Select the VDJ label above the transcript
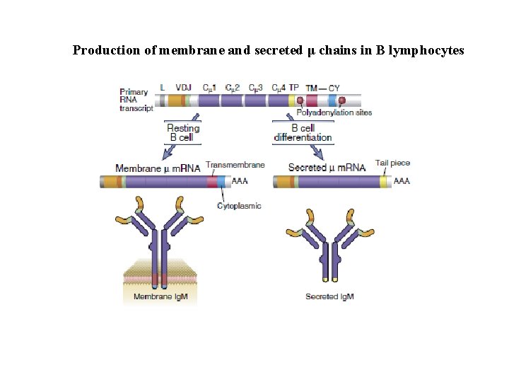[x=183, y=88]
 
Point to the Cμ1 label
[x=210, y=88]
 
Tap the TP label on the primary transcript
[x=294, y=88]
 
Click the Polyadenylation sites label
[x=334, y=112]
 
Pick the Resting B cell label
[x=182, y=132]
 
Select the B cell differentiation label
[x=303, y=132]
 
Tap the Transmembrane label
[x=235, y=165]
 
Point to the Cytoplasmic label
[x=239, y=206]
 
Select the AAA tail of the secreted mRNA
[x=402, y=182]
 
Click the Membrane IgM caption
[x=161, y=296]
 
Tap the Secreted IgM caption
[x=329, y=296]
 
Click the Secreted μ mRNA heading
[x=327, y=168]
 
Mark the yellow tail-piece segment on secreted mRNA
[x=384, y=182]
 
